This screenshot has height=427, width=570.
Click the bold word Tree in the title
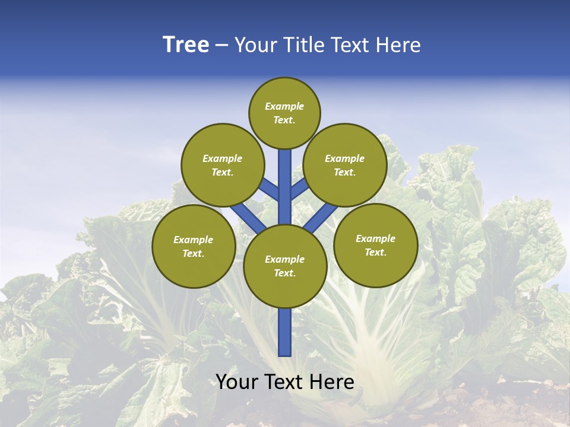pos(186,45)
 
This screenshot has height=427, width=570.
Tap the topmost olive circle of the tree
pos(284,113)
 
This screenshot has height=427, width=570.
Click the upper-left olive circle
pos(222,165)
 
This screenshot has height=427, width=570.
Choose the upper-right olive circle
pos(345,165)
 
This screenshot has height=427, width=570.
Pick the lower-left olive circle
pos(194,246)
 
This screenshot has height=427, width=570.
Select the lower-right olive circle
pos(376,245)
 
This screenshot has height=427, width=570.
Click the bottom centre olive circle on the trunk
pos(285,266)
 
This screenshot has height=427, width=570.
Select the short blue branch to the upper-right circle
pos(300,190)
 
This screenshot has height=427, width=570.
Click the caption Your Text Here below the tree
pos(285,382)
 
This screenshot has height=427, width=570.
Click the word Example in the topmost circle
pos(284,106)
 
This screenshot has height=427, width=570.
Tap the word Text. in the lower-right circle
pos(375,252)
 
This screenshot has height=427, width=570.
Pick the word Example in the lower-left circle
pos(193,240)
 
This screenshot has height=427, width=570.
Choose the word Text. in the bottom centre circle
pos(284,273)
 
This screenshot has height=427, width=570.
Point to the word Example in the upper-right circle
pos(344,158)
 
